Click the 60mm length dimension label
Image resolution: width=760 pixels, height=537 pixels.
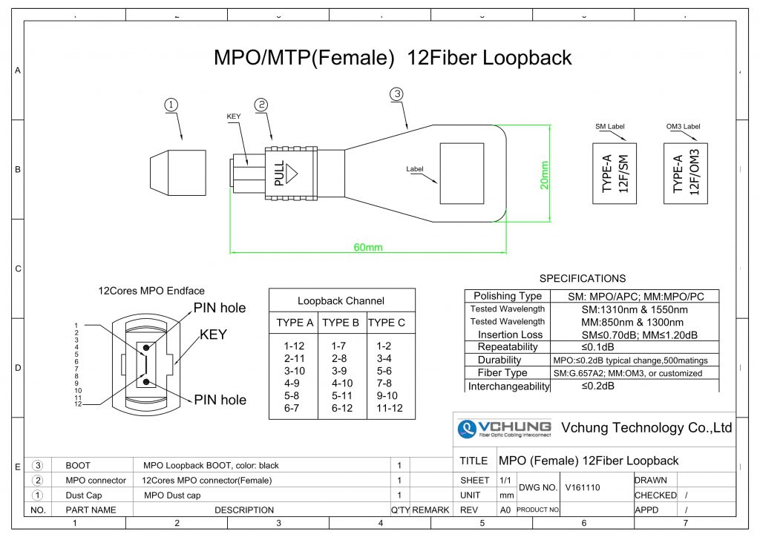coord(367,247)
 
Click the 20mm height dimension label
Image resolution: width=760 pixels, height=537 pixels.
coord(544,174)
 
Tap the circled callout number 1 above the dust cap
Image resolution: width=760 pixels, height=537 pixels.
coord(171,105)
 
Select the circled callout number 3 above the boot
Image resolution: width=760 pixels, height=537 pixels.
coord(397,94)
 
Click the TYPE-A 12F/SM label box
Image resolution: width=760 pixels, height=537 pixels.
coord(615,174)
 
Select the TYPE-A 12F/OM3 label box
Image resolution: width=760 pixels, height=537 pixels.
coord(685,174)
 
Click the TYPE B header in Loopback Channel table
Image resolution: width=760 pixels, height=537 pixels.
coord(341,323)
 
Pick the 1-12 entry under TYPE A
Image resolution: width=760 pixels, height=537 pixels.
coord(294,346)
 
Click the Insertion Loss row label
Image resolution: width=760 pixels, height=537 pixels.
coord(510,335)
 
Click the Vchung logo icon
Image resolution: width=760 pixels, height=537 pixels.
coord(467,429)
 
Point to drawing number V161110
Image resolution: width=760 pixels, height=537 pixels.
coord(582,487)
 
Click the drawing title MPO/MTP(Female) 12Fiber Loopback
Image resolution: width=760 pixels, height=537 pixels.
coord(393,58)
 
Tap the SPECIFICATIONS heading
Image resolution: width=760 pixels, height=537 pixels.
coord(583,279)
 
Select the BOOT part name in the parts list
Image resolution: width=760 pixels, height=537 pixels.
coord(78,466)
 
